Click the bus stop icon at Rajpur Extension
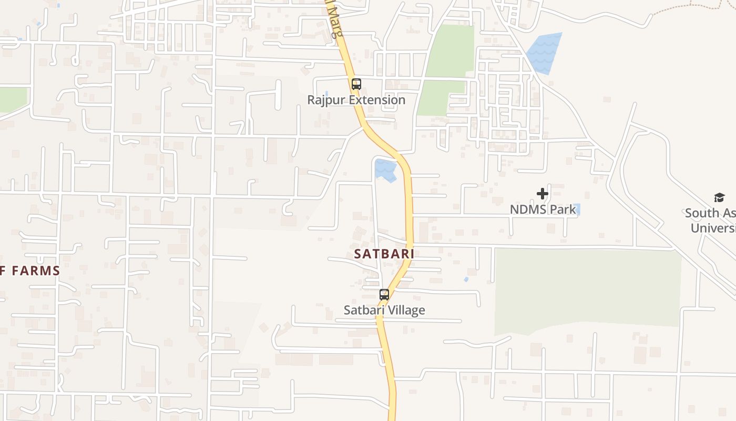pyautogui.click(x=356, y=84)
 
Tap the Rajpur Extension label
pyautogui.click(x=356, y=100)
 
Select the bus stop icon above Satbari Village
pyautogui.click(x=384, y=294)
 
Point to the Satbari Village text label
pyautogui.click(x=384, y=310)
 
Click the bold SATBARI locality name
pyautogui.click(x=384, y=254)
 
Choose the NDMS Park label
pyautogui.click(x=543, y=209)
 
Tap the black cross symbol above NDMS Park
pyautogui.click(x=543, y=194)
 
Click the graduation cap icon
pyautogui.click(x=719, y=197)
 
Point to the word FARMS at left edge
pyautogui.click(x=36, y=271)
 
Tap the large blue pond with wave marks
pyautogui.click(x=545, y=53)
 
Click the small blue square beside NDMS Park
pyautogui.click(x=577, y=209)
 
